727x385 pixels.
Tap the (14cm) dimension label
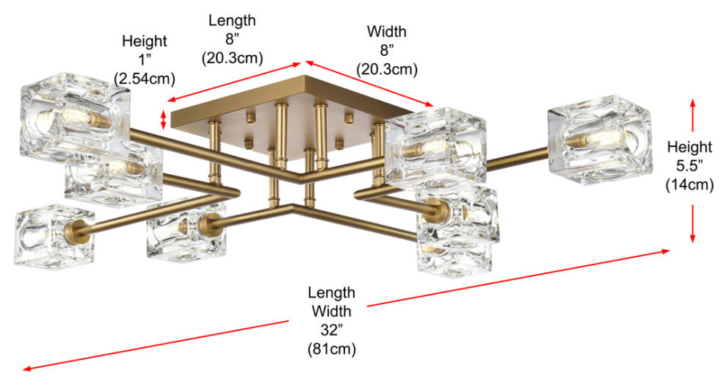(690, 184)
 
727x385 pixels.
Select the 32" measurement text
(332, 328)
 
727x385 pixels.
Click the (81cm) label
(332, 346)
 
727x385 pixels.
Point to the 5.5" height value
(690, 166)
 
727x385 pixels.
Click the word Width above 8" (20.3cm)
(386, 32)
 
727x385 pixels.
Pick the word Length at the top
(232, 21)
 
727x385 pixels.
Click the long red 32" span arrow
(345, 309)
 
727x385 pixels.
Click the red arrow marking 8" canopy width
(369, 84)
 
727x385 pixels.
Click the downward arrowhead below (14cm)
(692, 237)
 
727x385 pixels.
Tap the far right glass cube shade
(599, 143)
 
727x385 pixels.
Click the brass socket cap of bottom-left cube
(80, 228)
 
